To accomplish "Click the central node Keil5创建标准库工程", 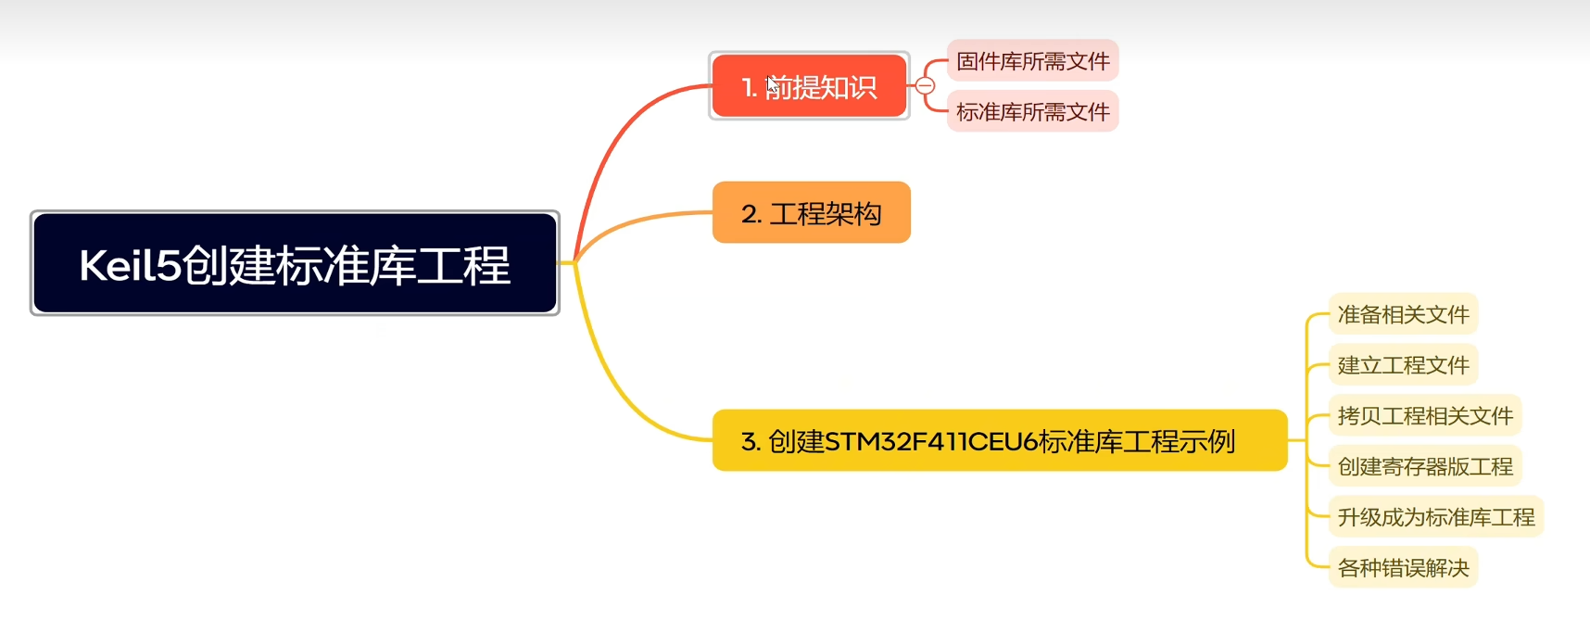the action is [295, 264].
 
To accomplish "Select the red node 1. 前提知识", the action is [809, 86].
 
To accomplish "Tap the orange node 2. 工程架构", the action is [811, 213].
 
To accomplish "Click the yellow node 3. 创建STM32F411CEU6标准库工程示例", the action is [999, 440].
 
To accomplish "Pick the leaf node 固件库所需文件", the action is [1032, 61].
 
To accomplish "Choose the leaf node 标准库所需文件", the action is [1032, 112].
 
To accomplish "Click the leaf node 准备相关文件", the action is [1403, 314].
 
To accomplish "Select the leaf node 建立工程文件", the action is [1403, 365].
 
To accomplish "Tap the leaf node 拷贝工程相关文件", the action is [1425, 415].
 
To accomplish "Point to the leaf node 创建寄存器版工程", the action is [1425, 466].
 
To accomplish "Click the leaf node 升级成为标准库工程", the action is [1436, 517].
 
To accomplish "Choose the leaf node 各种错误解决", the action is [1403, 567].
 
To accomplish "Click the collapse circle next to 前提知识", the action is [925, 86].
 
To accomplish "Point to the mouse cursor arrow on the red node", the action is [772, 84].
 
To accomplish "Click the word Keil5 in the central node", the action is [130, 266].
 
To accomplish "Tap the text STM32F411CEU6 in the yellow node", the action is [931, 441].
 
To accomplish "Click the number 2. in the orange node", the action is [751, 214].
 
